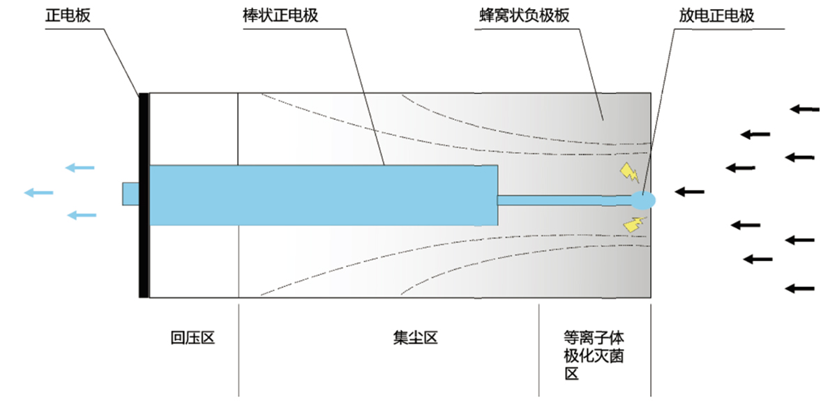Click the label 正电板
(68, 15)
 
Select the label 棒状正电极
(276, 15)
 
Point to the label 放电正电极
(716, 15)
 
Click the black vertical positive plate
(144, 195)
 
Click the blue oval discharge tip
(643, 201)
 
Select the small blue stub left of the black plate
(131, 194)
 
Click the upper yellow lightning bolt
(630, 172)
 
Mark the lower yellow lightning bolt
(634, 223)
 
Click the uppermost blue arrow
(80, 167)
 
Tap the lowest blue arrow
(81, 215)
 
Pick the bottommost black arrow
(800, 288)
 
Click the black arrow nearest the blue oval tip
(689, 191)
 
